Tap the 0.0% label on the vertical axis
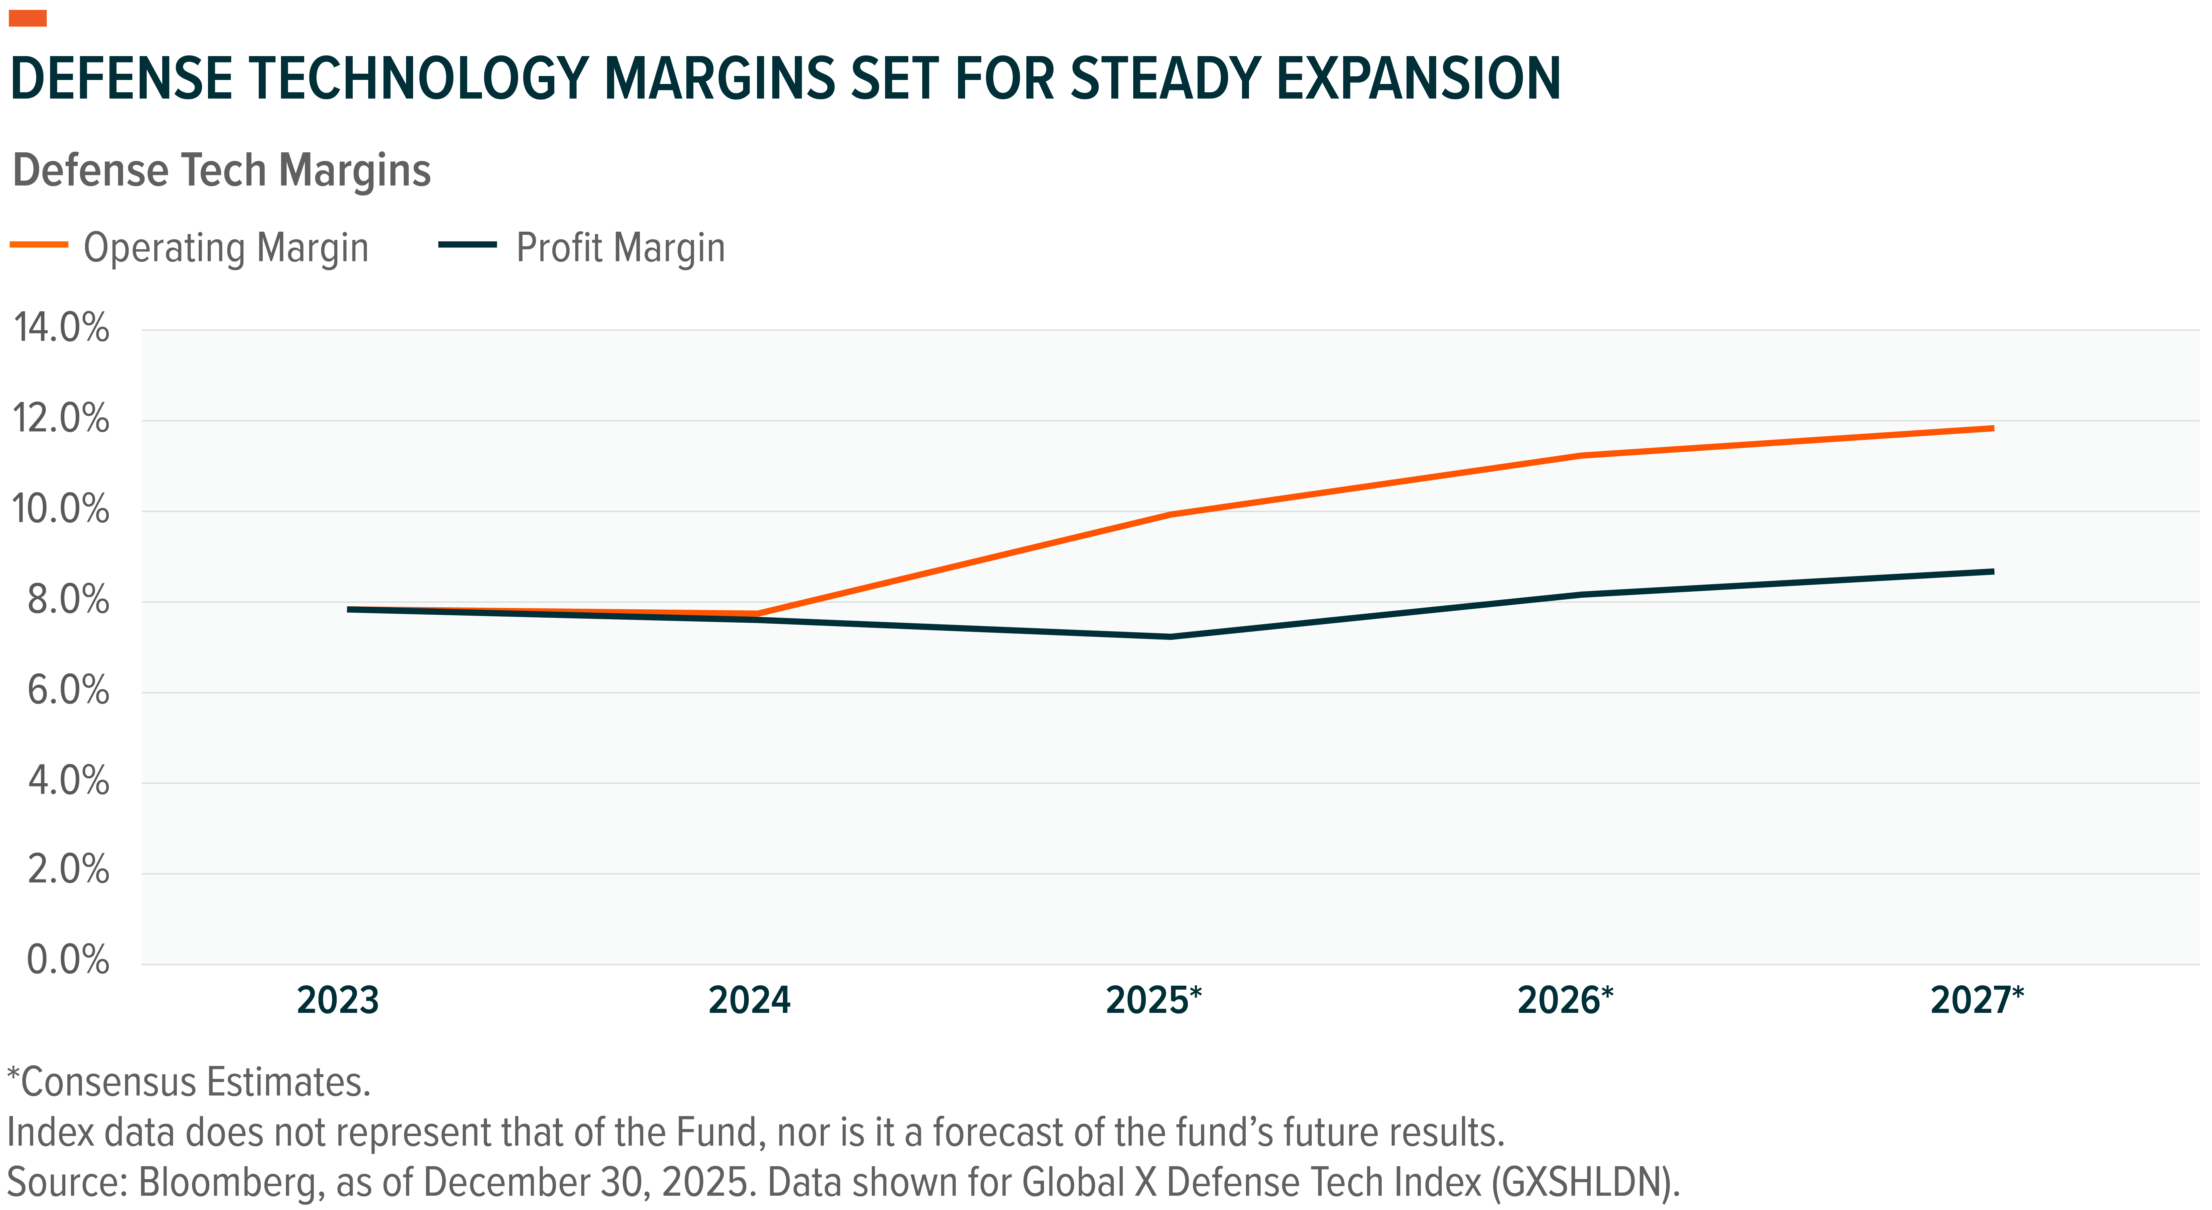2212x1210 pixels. pos(68,959)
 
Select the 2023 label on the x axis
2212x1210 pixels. pos(337,1001)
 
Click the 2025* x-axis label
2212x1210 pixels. pos(1153,1001)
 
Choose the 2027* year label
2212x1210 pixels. pos(1977,1001)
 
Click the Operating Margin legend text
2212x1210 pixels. pos(226,248)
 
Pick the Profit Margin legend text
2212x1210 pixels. pos(620,248)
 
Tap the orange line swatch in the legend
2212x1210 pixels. pos(38,245)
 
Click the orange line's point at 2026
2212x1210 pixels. pos(1582,455)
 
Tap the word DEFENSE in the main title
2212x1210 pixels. pos(122,79)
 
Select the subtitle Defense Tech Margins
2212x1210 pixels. pos(222,170)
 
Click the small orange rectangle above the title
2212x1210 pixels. pos(28,18)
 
